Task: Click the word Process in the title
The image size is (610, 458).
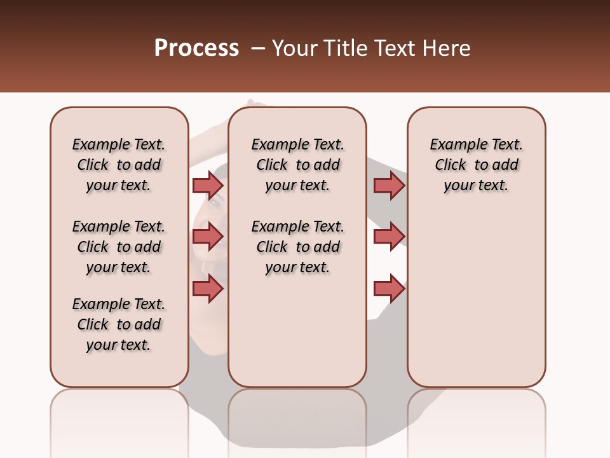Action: pos(196,48)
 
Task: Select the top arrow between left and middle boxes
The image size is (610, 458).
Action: pos(208,185)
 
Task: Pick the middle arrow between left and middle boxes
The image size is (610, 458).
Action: pos(208,237)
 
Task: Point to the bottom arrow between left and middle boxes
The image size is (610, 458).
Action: pos(208,289)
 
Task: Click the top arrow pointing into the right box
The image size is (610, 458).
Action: pos(389,185)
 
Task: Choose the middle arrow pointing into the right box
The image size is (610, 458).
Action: pos(389,237)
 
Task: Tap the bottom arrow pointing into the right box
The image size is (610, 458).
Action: pos(389,289)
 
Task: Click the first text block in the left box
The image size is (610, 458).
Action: pos(119,165)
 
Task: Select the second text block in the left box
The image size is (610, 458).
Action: pos(119,247)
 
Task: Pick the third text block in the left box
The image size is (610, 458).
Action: pos(119,324)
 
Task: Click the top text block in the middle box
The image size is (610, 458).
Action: pos(297,165)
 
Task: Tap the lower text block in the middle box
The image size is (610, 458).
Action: pos(297,247)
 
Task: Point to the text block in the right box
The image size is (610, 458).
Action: pos(476,165)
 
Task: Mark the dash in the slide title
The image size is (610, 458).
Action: pos(257,49)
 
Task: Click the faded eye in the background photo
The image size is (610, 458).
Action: pos(215,202)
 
